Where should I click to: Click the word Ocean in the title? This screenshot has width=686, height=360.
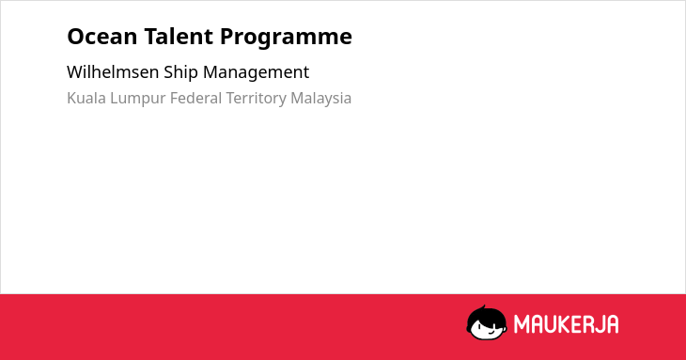(x=101, y=37)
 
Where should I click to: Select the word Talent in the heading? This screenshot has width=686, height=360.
(x=179, y=36)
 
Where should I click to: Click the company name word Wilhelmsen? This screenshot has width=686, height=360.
(x=113, y=71)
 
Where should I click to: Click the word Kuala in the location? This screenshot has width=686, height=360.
(x=86, y=98)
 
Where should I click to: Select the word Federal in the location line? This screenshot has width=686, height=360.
(x=196, y=98)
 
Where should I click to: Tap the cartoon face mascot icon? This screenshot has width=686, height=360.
(x=487, y=322)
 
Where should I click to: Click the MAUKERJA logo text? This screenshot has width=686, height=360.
(x=566, y=324)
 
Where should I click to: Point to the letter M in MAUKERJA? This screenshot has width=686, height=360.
(x=521, y=324)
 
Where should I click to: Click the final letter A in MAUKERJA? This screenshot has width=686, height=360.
(x=613, y=324)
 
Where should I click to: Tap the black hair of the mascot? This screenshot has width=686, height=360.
(x=486, y=315)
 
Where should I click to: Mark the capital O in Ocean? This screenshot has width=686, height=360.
(x=75, y=37)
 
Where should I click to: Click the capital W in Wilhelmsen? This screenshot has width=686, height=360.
(x=75, y=71)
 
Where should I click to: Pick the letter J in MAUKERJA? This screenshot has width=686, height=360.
(x=598, y=324)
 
